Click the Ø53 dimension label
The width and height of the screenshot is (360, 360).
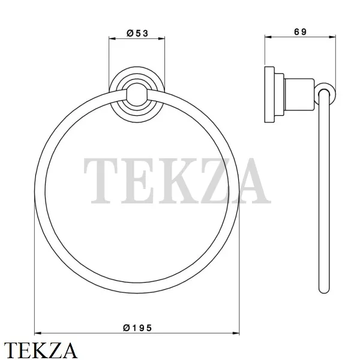[137, 34]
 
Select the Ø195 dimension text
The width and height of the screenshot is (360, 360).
[137, 328]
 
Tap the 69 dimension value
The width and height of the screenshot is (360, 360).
[301, 32]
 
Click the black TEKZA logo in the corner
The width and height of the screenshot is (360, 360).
[40, 350]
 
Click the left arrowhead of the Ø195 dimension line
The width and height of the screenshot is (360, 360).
[38, 333]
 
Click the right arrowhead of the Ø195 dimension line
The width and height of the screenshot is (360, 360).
[236, 333]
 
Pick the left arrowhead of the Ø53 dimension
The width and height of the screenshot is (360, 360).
[112, 38]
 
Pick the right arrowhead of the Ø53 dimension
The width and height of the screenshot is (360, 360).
[161, 38]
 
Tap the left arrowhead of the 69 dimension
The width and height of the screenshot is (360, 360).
[268, 37]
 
